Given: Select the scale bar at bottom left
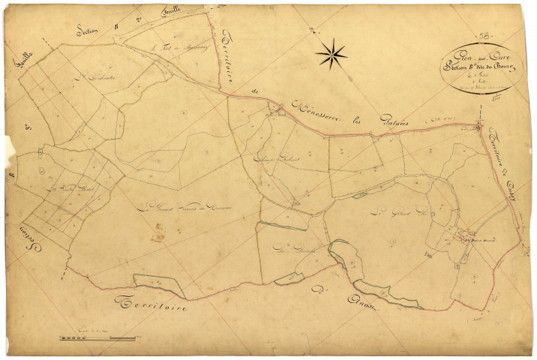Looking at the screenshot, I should pos(97,339).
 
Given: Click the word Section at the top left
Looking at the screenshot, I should pos(90,30).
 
